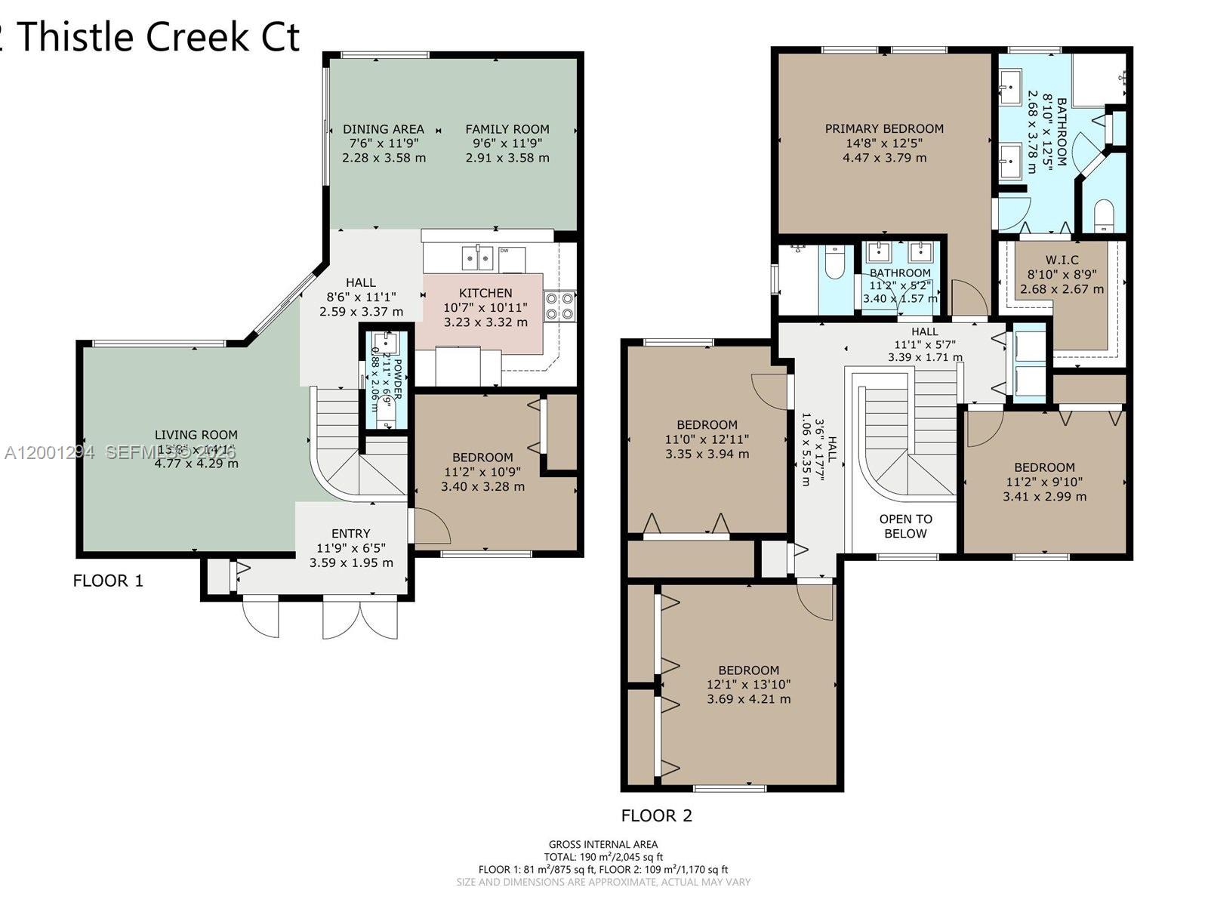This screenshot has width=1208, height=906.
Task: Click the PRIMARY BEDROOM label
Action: coord(884,129)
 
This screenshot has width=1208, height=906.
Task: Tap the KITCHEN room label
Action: coord(485,293)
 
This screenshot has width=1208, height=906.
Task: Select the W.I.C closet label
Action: coord(1062,260)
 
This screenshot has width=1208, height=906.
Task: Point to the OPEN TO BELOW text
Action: coord(905,526)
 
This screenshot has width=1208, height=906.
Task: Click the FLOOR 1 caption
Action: coord(108,581)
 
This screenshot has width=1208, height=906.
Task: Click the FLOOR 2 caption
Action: coord(656,815)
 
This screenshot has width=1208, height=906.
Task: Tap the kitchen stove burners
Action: coord(559,305)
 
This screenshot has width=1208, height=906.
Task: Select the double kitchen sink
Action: coord(477,257)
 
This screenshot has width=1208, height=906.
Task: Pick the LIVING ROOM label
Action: coord(196,435)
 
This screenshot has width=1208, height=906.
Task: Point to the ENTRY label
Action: coord(351,534)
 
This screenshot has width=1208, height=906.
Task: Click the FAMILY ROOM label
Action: coord(507,129)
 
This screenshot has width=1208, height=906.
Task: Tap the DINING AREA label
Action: coord(384,129)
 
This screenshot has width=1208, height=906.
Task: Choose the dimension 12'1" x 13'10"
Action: coord(748,685)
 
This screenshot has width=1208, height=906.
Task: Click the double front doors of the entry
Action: coord(360,618)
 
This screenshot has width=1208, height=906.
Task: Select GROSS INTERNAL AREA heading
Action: coord(602,844)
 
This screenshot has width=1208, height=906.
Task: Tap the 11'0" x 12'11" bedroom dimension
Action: coord(707,439)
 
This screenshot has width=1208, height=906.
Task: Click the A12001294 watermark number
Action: coord(50,452)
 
